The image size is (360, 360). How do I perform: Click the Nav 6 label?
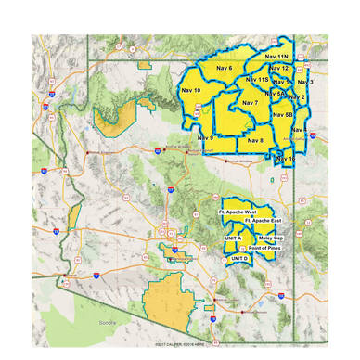(x=224, y=69)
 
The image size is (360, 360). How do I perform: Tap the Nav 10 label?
(x=192, y=90)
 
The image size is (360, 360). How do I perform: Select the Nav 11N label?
(x=276, y=57)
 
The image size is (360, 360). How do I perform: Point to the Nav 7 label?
(x=250, y=102)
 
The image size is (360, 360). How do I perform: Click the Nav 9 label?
(x=205, y=138)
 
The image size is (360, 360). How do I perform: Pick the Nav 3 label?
(x=305, y=82)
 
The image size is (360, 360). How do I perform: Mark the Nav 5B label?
(x=283, y=115)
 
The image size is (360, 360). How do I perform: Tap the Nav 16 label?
(x=287, y=159)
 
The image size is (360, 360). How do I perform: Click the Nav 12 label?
(x=278, y=69)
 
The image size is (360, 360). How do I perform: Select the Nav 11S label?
(x=257, y=81)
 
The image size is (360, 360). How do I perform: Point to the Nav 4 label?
(x=299, y=129)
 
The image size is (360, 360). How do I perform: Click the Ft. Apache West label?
(x=238, y=212)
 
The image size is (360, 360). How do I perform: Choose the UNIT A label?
(x=233, y=238)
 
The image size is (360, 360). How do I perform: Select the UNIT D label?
(x=239, y=258)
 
